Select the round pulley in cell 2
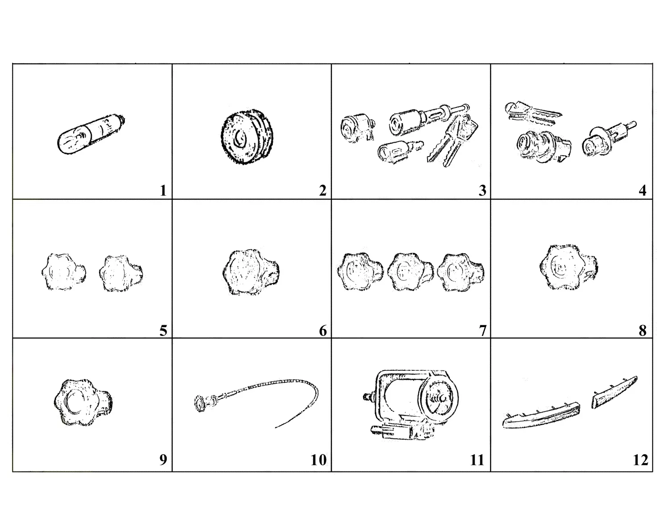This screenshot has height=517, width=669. [x=248, y=136]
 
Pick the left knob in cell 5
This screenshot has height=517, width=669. [x=63, y=272]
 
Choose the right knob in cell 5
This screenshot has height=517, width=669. [x=121, y=273]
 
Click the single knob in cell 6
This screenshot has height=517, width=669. [x=251, y=272]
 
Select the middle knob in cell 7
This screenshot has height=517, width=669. [x=410, y=272]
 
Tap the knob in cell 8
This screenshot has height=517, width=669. [x=568, y=267]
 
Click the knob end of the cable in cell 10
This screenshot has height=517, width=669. [x=200, y=403]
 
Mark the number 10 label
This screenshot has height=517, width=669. [x=318, y=460]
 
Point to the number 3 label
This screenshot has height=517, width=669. [x=483, y=191]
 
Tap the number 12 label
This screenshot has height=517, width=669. [x=640, y=460]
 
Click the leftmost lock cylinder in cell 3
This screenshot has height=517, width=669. [x=357, y=128]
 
